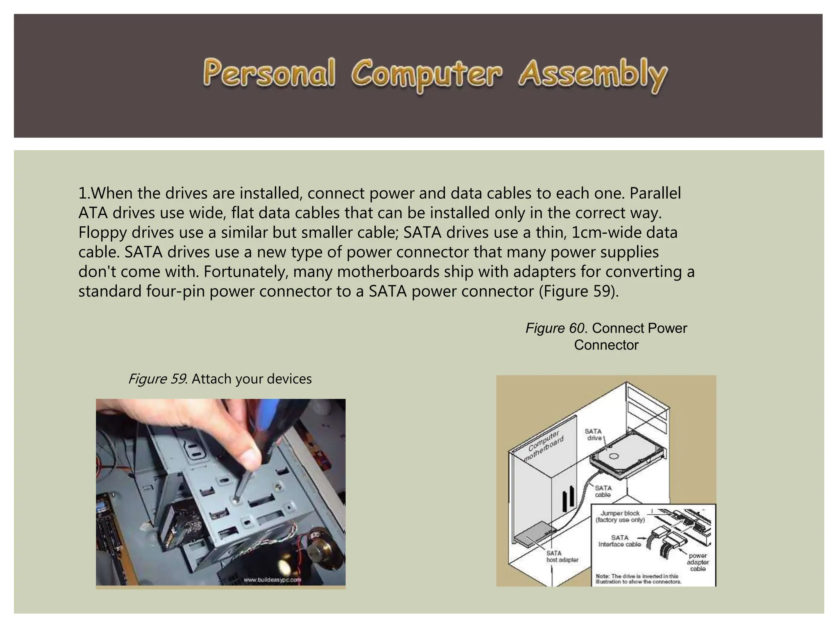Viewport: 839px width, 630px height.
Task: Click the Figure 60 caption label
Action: pyautogui.click(x=555, y=328)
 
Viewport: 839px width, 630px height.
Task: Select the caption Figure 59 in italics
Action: pyautogui.click(x=157, y=379)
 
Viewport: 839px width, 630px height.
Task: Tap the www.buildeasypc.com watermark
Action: pyautogui.click(x=272, y=580)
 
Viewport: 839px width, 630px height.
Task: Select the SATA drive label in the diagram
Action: pyautogui.click(x=593, y=434)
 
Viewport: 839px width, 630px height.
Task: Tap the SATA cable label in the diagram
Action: pyautogui.click(x=603, y=491)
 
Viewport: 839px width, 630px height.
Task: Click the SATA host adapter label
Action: pyautogui.click(x=562, y=557)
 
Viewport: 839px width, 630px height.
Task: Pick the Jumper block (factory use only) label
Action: pyautogui.click(x=620, y=516)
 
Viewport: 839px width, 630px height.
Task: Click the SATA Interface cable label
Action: pyautogui.click(x=619, y=541)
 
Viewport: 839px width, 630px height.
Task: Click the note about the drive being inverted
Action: pyautogui.click(x=638, y=579)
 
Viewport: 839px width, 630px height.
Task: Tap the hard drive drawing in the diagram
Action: pyautogui.click(x=627, y=455)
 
